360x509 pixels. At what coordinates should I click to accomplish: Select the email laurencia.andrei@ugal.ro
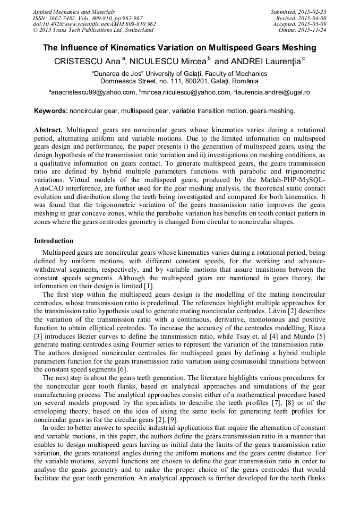point(273,92)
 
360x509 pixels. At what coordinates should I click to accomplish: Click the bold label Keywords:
point(51,111)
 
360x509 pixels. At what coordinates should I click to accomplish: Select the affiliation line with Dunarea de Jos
point(179,74)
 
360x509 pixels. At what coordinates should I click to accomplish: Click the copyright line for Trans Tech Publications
point(93,30)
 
